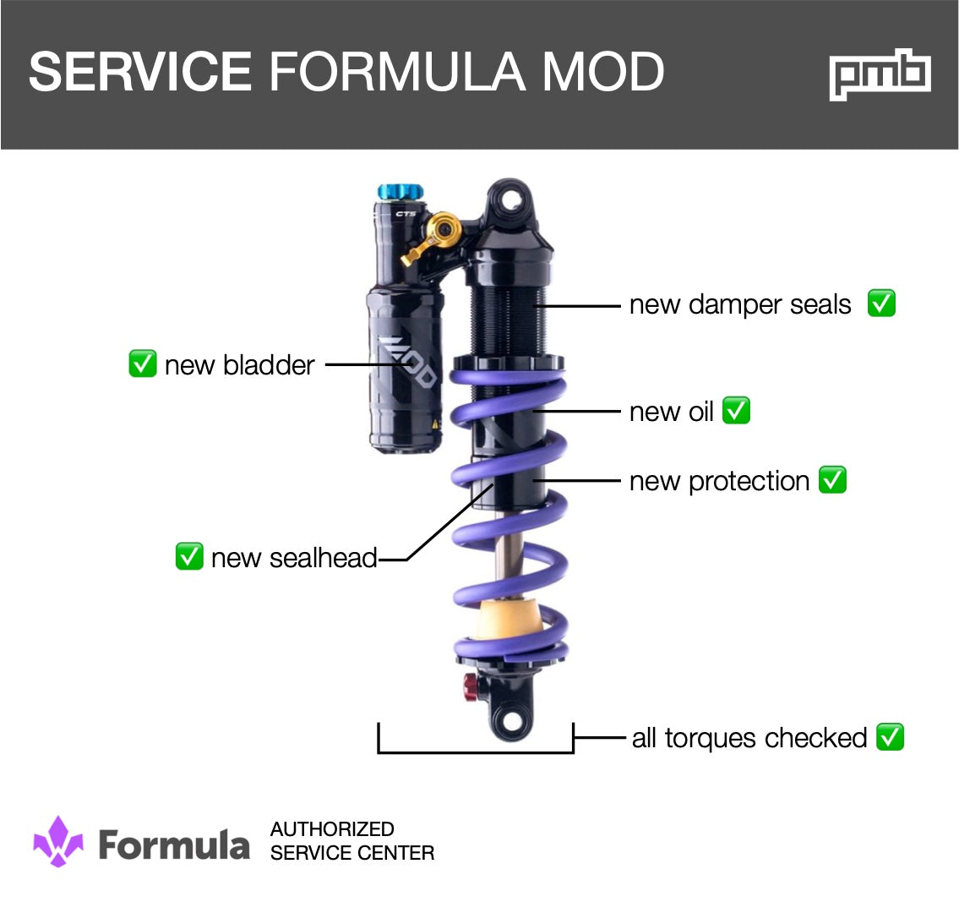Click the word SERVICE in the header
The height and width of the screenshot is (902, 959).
click(140, 72)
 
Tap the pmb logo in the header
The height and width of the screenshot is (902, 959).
click(880, 74)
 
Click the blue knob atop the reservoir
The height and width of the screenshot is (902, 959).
click(393, 192)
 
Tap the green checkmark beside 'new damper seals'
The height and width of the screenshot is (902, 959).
click(881, 303)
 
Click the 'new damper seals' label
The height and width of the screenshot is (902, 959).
click(740, 304)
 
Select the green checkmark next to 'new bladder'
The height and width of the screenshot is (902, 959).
click(142, 364)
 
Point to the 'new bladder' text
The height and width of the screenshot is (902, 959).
click(239, 365)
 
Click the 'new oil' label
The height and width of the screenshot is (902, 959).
click(672, 412)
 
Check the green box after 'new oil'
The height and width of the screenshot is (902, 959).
click(736, 411)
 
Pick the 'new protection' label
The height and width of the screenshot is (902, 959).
click(719, 481)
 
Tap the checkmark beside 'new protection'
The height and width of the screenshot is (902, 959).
click(833, 480)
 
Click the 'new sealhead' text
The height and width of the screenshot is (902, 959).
click(293, 558)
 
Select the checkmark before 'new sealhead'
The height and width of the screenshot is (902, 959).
click(188, 557)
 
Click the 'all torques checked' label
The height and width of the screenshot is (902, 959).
click(749, 738)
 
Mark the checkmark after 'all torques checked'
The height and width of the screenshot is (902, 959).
click(891, 737)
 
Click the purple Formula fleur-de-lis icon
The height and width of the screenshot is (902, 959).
click(58, 841)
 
